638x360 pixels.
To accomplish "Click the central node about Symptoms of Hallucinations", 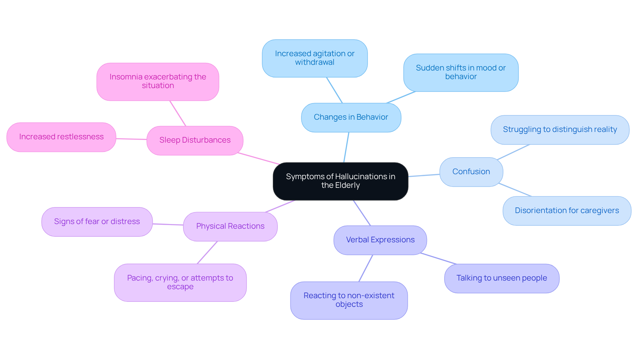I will coord(340,181).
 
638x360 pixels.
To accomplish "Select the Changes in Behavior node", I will coord(351,117).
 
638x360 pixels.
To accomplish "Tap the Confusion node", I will coord(471,172).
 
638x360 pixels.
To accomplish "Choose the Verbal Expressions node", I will coord(380,240).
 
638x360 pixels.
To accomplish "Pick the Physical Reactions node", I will coord(230,226).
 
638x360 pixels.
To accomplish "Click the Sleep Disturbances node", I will coord(195,140).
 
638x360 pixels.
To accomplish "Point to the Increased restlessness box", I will coord(61,137).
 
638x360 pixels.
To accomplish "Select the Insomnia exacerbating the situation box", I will coord(158,81).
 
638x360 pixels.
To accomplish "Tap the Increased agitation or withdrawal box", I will coord(314,58).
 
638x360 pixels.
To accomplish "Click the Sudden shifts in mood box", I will coord(461,72).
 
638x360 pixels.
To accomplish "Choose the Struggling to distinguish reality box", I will coord(560,130).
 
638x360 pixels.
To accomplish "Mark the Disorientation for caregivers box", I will coord(567,211).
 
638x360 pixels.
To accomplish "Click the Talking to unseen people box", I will coord(501,278).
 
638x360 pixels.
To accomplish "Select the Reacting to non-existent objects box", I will coord(349,300).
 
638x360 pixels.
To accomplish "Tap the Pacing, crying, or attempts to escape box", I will coord(180,282).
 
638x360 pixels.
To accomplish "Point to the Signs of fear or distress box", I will coord(97,222).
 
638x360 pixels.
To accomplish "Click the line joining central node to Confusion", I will coord(424,175).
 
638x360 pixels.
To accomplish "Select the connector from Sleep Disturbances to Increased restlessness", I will coord(131,139).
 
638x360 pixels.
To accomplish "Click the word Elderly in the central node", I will coord(347,185).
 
